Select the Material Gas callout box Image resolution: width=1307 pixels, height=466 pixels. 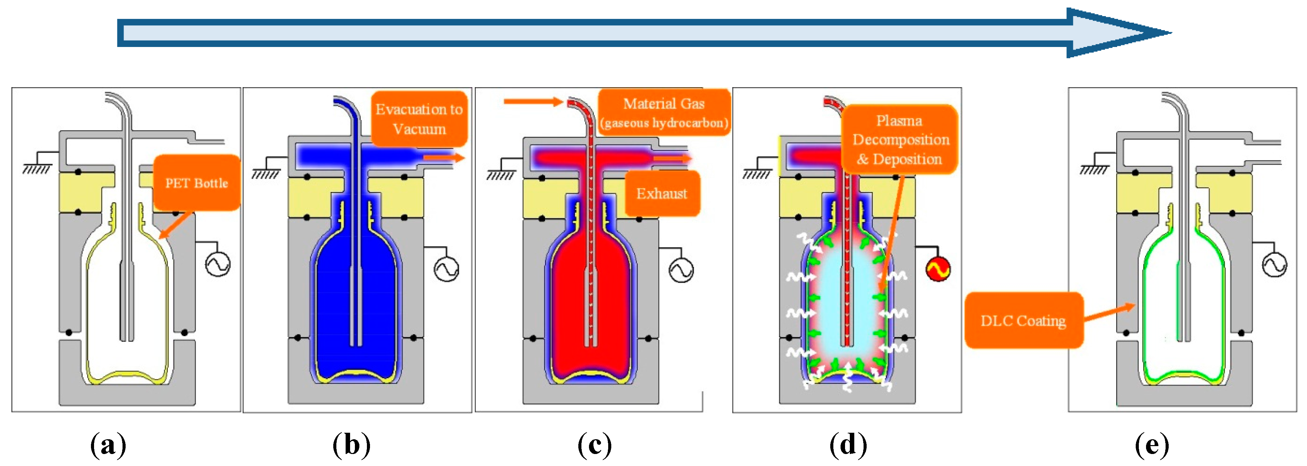[x=664, y=112]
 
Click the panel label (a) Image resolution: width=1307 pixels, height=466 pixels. [x=108, y=445]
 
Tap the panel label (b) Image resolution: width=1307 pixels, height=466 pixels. [x=351, y=445]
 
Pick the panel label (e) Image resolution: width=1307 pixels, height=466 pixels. [x=1152, y=445]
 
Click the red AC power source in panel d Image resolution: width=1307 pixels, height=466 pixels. [x=938, y=269]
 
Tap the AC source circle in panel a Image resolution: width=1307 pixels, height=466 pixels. [x=218, y=264]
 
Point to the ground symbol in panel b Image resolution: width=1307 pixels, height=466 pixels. [x=265, y=173]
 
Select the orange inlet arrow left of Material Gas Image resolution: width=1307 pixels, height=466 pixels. [x=533, y=102]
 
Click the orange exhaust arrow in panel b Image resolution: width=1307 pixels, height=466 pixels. [x=443, y=158]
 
